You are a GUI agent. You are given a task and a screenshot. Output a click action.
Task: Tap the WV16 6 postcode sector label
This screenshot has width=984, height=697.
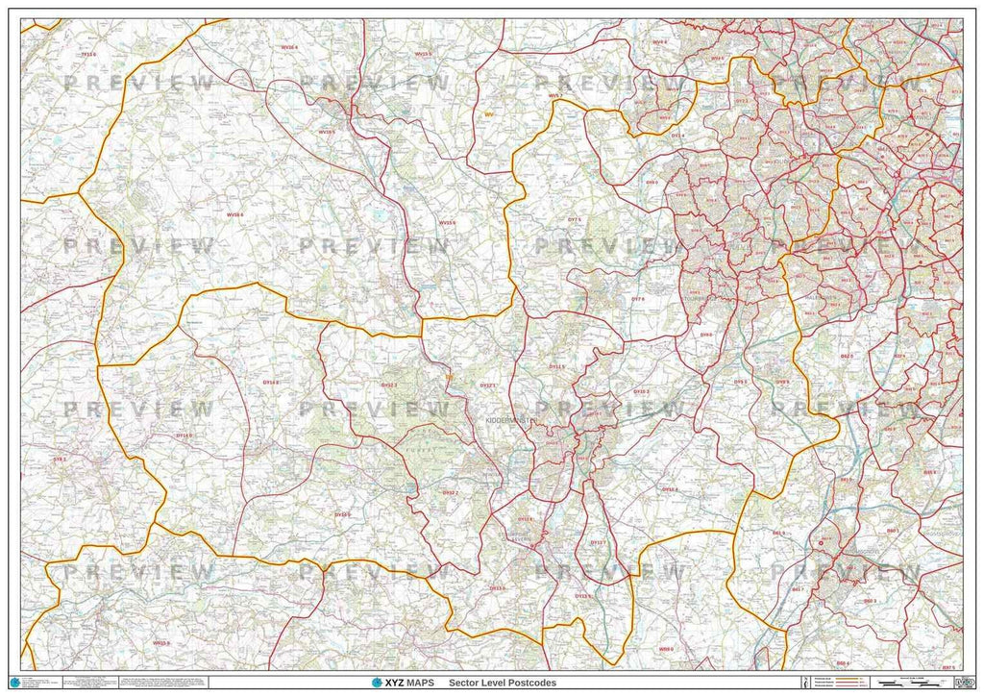point(234,214)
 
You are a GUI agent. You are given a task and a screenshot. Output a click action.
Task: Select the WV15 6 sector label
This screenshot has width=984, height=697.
point(448,223)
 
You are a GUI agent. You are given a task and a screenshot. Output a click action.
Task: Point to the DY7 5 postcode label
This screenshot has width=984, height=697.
point(575,220)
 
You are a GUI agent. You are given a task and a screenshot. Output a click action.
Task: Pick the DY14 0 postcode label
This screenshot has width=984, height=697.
point(184,436)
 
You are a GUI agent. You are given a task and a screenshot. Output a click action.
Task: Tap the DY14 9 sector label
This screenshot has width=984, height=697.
point(342,514)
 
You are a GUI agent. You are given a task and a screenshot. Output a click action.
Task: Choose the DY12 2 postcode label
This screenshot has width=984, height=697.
point(449,492)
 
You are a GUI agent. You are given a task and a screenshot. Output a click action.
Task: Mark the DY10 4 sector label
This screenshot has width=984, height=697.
point(670,489)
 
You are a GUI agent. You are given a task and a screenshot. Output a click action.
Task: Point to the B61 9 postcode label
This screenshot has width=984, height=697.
point(778,533)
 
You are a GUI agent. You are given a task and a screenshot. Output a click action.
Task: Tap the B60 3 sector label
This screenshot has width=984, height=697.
point(869,601)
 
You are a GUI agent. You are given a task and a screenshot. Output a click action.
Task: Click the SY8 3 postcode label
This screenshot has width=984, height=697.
point(60,460)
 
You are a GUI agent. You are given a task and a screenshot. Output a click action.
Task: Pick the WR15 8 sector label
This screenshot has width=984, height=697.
point(160,642)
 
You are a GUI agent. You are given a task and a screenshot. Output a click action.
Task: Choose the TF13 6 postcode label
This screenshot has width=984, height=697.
point(88,55)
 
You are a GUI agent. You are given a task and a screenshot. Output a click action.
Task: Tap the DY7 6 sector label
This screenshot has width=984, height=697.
point(637,300)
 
